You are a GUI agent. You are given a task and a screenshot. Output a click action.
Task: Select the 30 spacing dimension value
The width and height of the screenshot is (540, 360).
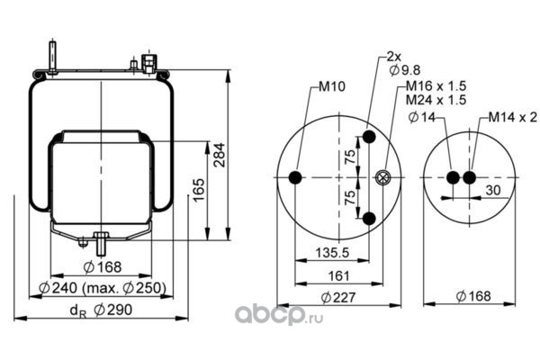pos(493,190)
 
